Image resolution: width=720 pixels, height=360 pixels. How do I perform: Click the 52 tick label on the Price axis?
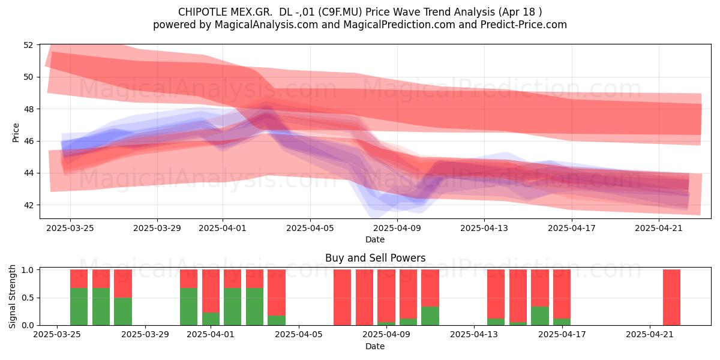click(x=28, y=45)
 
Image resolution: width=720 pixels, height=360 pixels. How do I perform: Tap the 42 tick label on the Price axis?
click(x=28, y=205)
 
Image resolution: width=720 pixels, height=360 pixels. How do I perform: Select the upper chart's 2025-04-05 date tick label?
click(x=310, y=228)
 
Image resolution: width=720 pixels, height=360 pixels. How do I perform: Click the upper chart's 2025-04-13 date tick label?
click(x=484, y=228)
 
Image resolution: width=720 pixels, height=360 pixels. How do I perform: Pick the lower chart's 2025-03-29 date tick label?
click(x=145, y=335)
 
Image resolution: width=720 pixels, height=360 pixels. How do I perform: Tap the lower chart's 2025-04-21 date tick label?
click(x=650, y=335)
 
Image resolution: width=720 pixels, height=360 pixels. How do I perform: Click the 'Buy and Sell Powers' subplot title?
click(x=375, y=258)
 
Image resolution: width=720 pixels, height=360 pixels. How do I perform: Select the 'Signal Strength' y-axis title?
click(x=12, y=296)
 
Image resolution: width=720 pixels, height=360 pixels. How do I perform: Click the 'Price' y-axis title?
click(x=16, y=133)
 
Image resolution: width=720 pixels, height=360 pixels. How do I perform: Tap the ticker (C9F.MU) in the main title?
click(x=340, y=12)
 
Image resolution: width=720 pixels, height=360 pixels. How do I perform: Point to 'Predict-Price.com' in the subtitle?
click(x=524, y=25)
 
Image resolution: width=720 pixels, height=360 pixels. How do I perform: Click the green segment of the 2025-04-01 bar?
click(x=211, y=319)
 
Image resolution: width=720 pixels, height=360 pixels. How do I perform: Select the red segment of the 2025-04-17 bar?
click(x=562, y=294)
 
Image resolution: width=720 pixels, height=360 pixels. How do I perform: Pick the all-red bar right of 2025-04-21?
click(x=672, y=298)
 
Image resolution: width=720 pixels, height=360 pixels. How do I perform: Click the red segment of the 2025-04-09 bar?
click(x=386, y=296)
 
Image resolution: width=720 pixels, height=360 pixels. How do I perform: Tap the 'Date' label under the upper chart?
click(x=375, y=239)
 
